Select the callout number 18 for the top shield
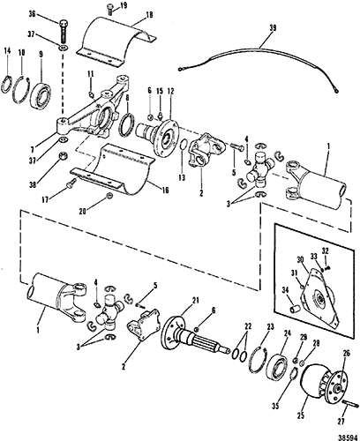[149, 15]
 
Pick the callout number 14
[7, 51]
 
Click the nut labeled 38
[62, 155]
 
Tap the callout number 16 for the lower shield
[165, 191]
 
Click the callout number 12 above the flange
[170, 92]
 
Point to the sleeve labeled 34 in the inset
[296, 310]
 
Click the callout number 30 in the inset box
[300, 260]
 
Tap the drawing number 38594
[348, 437]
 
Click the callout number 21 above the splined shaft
[196, 301]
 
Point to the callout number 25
[301, 416]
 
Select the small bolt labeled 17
[71, 184]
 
